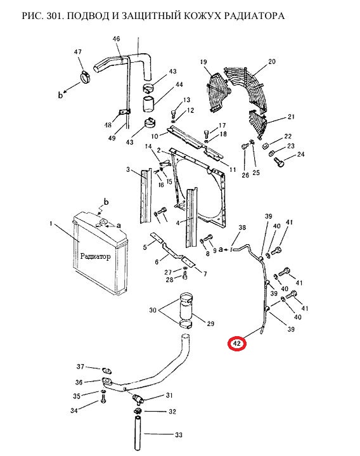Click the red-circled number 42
[x=237, y=344]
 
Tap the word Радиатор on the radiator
[x=95, y=256]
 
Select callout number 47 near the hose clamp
[x=77, y=52]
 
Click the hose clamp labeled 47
[x=86, y=77]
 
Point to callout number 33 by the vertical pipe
[x=178, y=435]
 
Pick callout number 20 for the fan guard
[x=272, y=62]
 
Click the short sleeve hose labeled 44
[x=150, y=104]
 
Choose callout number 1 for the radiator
[x=51, y=224]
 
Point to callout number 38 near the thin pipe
[x=242, y=228]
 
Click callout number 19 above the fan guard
[x=203, y=62]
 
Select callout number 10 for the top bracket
[x=155, y=136]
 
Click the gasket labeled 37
[x=106, y=370]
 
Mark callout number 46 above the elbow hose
[x=116, y=39]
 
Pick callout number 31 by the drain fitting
[x=169, y=395]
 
